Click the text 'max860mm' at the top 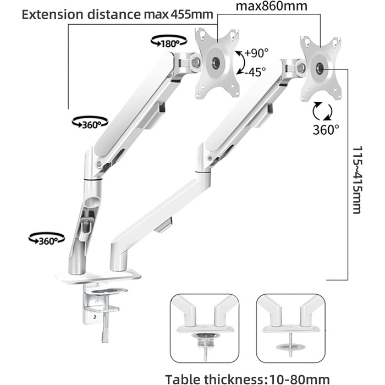coord(271,6)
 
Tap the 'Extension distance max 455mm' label coord(117,15)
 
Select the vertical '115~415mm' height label coord(358,180)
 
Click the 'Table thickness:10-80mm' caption coord(248,379)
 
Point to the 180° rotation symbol coord(169,41)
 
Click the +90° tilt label coord(257,53)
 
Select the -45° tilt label coord(255,72)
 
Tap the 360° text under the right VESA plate coord(326,129)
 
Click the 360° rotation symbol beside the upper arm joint coord(90,123)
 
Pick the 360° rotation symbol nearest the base coord(47,239)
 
